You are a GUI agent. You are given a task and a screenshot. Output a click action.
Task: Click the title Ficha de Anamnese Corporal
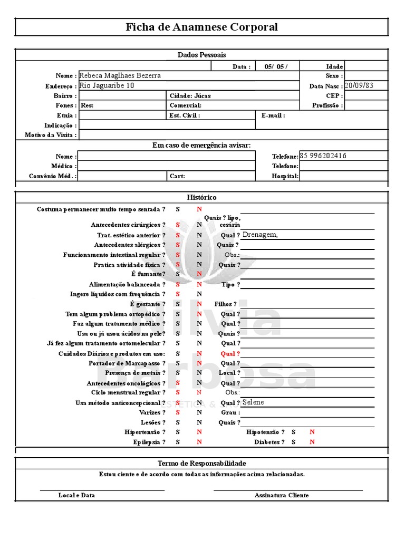point(201,27)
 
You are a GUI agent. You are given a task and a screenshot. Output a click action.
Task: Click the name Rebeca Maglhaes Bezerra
point(120,76)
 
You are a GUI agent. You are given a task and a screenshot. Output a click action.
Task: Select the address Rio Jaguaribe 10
point(107,85)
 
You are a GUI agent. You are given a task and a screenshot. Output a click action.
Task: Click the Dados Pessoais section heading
point(201,55)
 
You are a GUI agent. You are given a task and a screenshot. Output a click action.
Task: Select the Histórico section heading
point(202,197)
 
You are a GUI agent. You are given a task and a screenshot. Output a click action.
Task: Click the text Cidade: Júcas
point(187,96)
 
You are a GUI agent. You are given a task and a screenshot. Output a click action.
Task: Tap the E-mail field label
point(273,115)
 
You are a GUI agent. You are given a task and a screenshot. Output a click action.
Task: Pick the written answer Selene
point(253,402)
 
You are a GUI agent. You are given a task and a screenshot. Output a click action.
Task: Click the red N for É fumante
point(199,274)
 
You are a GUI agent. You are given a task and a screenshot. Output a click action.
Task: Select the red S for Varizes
point(178,412)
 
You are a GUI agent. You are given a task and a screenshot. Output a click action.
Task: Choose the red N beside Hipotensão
point(312,432)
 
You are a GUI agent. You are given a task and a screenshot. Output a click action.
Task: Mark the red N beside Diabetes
point(312,442)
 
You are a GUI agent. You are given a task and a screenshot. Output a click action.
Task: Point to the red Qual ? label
point(230,354)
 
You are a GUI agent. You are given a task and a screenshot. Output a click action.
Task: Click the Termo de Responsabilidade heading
point(202,464)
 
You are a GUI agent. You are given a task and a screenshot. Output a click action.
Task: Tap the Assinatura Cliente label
point(282,496)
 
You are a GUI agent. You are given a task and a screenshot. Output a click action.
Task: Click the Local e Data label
point(76,496)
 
